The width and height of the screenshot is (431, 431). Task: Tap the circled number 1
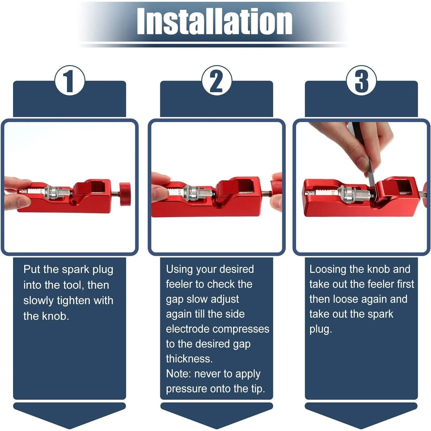[69, 81]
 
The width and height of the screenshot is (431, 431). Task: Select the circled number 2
[217, 81]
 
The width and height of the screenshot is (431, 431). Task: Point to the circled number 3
[361, 81]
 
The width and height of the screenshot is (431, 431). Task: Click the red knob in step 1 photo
[125, 194]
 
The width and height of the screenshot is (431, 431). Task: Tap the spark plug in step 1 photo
[46, 191]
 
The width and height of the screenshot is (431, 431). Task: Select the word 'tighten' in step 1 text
[74, 300]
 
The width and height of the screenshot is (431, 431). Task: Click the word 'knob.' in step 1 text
[55, 316]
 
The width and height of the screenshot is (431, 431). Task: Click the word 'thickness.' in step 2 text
[189, 359]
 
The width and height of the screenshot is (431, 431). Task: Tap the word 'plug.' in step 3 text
[321, 329]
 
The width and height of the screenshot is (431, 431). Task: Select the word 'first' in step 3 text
[406, 284]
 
